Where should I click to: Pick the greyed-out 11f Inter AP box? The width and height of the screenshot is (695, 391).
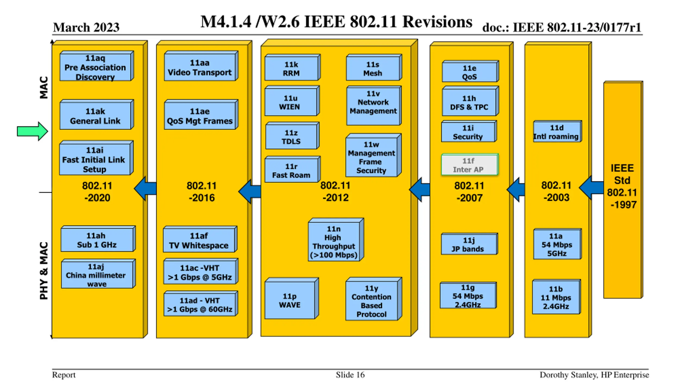470,165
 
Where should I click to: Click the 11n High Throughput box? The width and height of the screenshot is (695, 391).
336,240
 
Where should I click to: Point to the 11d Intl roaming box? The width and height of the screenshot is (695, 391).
557,131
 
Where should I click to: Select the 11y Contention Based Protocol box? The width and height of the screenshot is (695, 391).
374,299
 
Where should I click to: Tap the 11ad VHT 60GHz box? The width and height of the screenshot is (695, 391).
201,304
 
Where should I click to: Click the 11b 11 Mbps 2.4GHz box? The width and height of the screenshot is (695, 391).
556,297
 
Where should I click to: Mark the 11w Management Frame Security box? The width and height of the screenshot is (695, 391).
373,155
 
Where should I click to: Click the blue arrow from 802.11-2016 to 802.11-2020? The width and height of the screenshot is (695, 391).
145,189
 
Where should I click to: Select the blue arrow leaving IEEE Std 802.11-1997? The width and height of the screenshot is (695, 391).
591,188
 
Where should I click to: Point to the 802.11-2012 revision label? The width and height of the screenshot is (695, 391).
336,191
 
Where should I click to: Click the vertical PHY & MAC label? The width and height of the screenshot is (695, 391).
44,271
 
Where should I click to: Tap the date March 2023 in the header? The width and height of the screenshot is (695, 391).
86,27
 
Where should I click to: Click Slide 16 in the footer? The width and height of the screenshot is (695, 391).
350,375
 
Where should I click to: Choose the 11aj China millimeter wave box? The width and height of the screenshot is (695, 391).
98,274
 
